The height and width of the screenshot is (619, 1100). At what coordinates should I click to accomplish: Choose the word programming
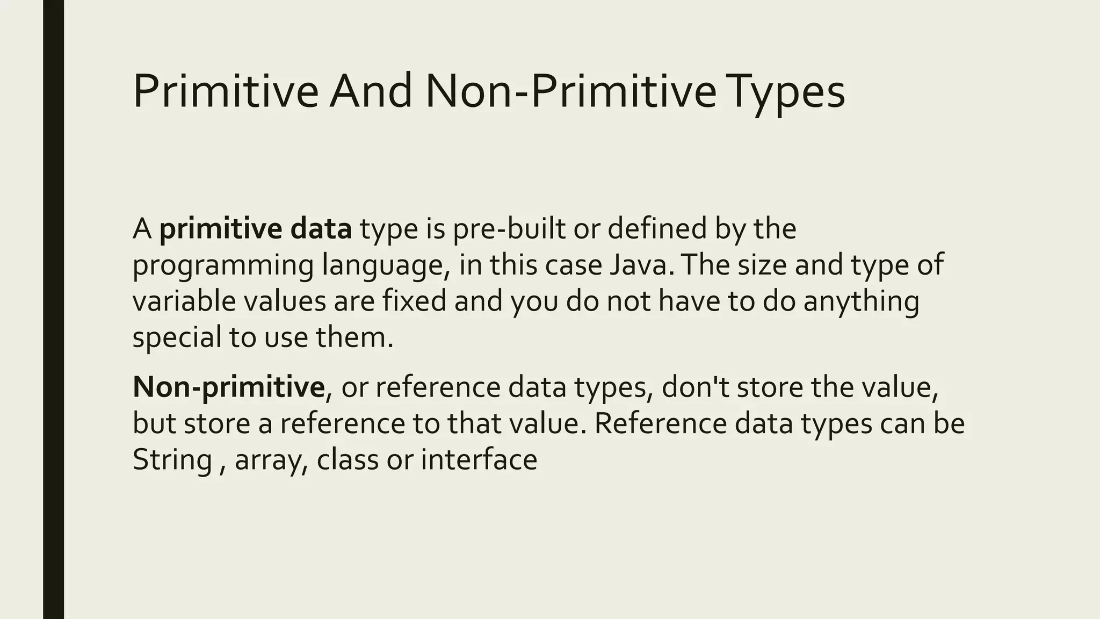[x=223, y=266]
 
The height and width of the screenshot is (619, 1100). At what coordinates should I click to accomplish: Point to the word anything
[x=861, y=301]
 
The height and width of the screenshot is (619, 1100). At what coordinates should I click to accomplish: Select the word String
[x=172, y=460]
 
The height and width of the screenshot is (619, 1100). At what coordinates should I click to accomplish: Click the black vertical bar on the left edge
[x=53, y=309]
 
